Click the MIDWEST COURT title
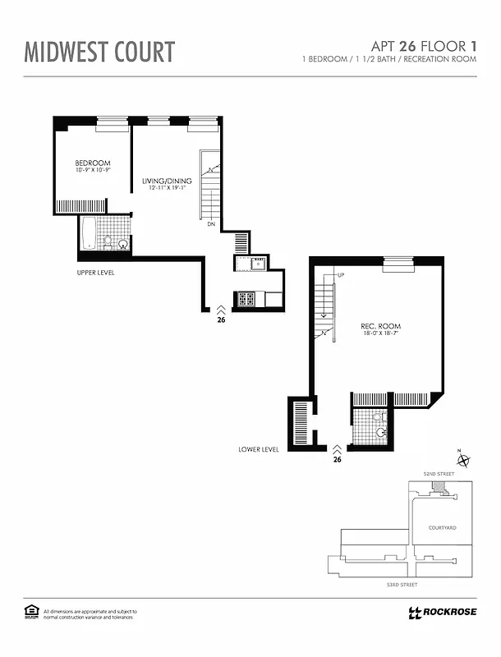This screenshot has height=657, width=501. coord(99,51)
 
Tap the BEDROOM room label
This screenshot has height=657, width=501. coord(92,163)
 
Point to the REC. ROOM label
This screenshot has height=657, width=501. coord(380,327)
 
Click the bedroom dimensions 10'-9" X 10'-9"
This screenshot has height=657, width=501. coord(92,171)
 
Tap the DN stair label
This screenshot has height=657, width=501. coord(211,224)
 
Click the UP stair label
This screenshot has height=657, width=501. coord(339,274)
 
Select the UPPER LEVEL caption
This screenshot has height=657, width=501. coord(94,271)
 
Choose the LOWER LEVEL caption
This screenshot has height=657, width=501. coord(259,449)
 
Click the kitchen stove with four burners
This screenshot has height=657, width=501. coord(246,299)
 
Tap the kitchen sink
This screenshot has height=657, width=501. coord(255,263)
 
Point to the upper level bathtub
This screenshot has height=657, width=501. coord(89,233)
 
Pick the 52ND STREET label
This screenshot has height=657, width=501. coord(438,475)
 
